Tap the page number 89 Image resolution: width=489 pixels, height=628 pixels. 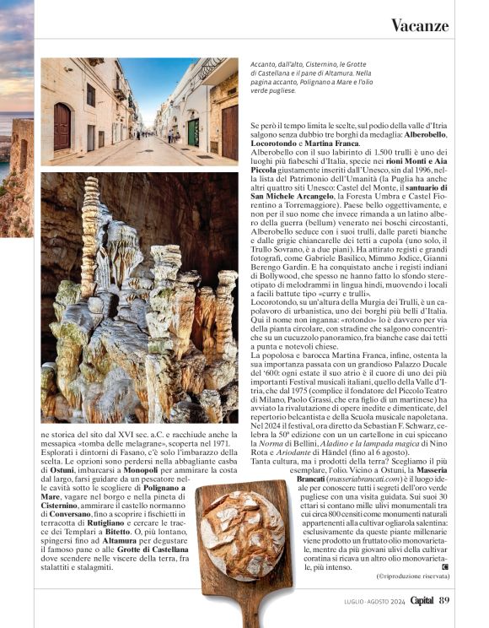[444, 600]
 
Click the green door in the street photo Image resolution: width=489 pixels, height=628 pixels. [192, 129]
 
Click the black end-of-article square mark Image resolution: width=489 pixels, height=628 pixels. [445, 566]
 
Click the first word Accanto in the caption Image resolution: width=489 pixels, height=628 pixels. [262, 64]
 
